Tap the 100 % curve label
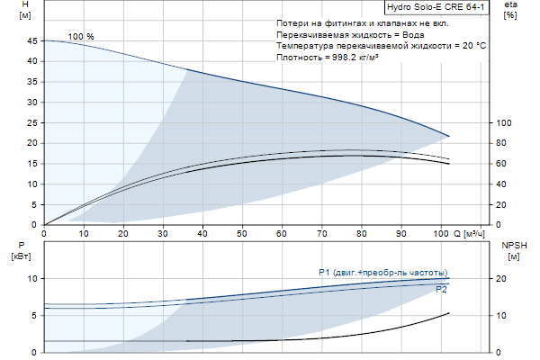tap(81, 37)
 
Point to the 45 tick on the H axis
tap(34, 41)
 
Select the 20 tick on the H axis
tap(34, 143)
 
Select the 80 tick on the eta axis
tap(504, 143)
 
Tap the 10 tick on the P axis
tap(33, 279)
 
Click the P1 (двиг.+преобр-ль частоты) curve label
tap(382, 273)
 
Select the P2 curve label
tap(441, 290)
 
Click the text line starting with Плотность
tap(332, 57)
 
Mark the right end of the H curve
tap(448, 136)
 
